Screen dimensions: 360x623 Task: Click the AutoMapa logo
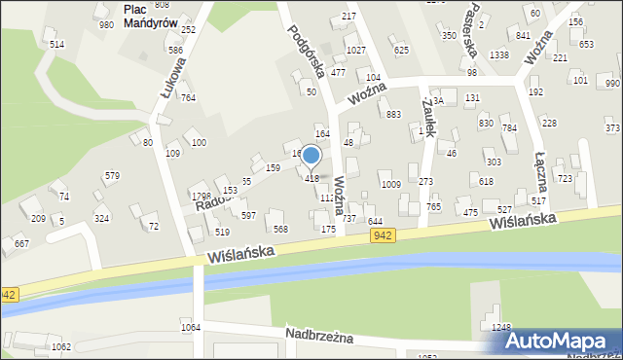coord(561,340)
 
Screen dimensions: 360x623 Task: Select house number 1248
coord(501,327)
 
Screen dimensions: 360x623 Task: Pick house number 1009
coord(391,184)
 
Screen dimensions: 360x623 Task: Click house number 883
coord(393,115)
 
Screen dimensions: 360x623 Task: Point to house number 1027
coord(355,50)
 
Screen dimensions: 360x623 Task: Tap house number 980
coord(106,24)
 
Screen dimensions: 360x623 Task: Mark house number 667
coord(21,244)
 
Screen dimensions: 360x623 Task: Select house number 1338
coord(499,55)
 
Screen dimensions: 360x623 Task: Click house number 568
coord(280,229)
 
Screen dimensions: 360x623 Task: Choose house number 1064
coord(190,327)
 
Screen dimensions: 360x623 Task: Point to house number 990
coord(611,84)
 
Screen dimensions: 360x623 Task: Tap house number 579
coord(112,176)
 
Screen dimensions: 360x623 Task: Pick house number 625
coord(401,49)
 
